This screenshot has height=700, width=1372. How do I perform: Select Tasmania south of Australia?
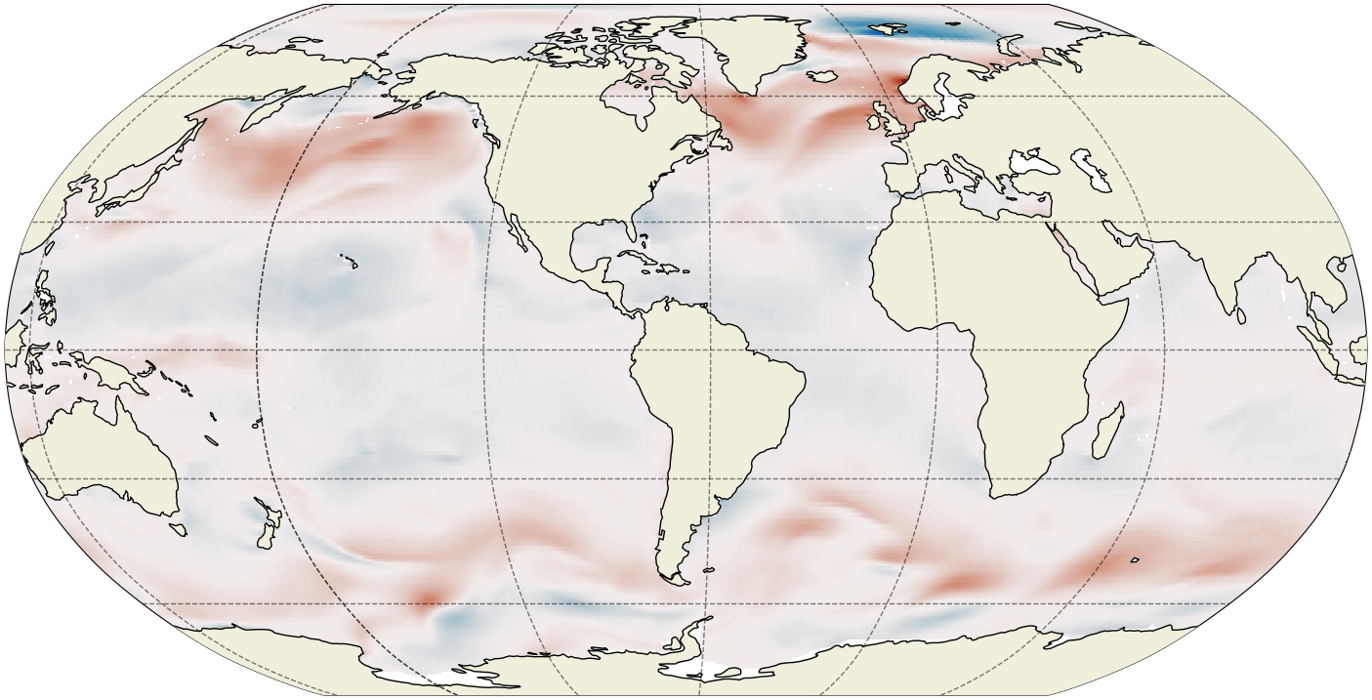[x=177, y=528]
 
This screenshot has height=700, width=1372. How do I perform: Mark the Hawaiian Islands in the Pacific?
[x=349, y=262]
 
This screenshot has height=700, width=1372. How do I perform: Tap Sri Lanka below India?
[x=1241, y=315]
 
